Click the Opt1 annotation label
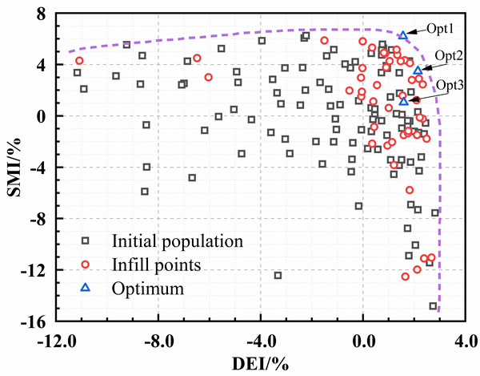point(439,26)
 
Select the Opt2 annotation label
point(448,55)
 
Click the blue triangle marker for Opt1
point(403,36)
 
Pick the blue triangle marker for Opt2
point(418,71)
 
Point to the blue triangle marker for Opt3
point(404,101)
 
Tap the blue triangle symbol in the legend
point(86,287)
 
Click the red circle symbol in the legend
point(86,263)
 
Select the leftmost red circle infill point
point(79,61)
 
